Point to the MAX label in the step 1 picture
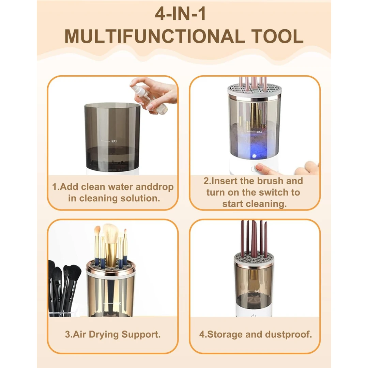coord(114,141)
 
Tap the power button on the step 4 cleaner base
coord(253,316)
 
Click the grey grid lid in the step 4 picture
coord(254,259)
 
